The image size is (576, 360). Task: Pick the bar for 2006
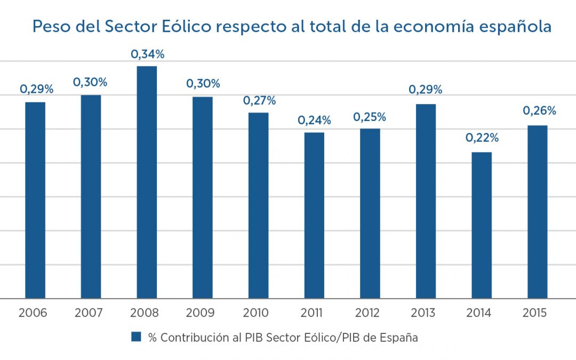click(x=35, y=200)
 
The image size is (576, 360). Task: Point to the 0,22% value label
click(x=482, y=138)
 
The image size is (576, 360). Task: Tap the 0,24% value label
click(x=314, y=121)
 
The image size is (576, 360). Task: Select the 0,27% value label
click(x=259, y=100)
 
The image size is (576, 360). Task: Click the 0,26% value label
click(x=539, y=111)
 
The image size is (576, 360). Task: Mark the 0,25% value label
click(x=370, y=117)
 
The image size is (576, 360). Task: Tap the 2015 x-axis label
click(x=535, y=313)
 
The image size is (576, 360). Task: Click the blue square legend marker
click(x=137, y=337)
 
